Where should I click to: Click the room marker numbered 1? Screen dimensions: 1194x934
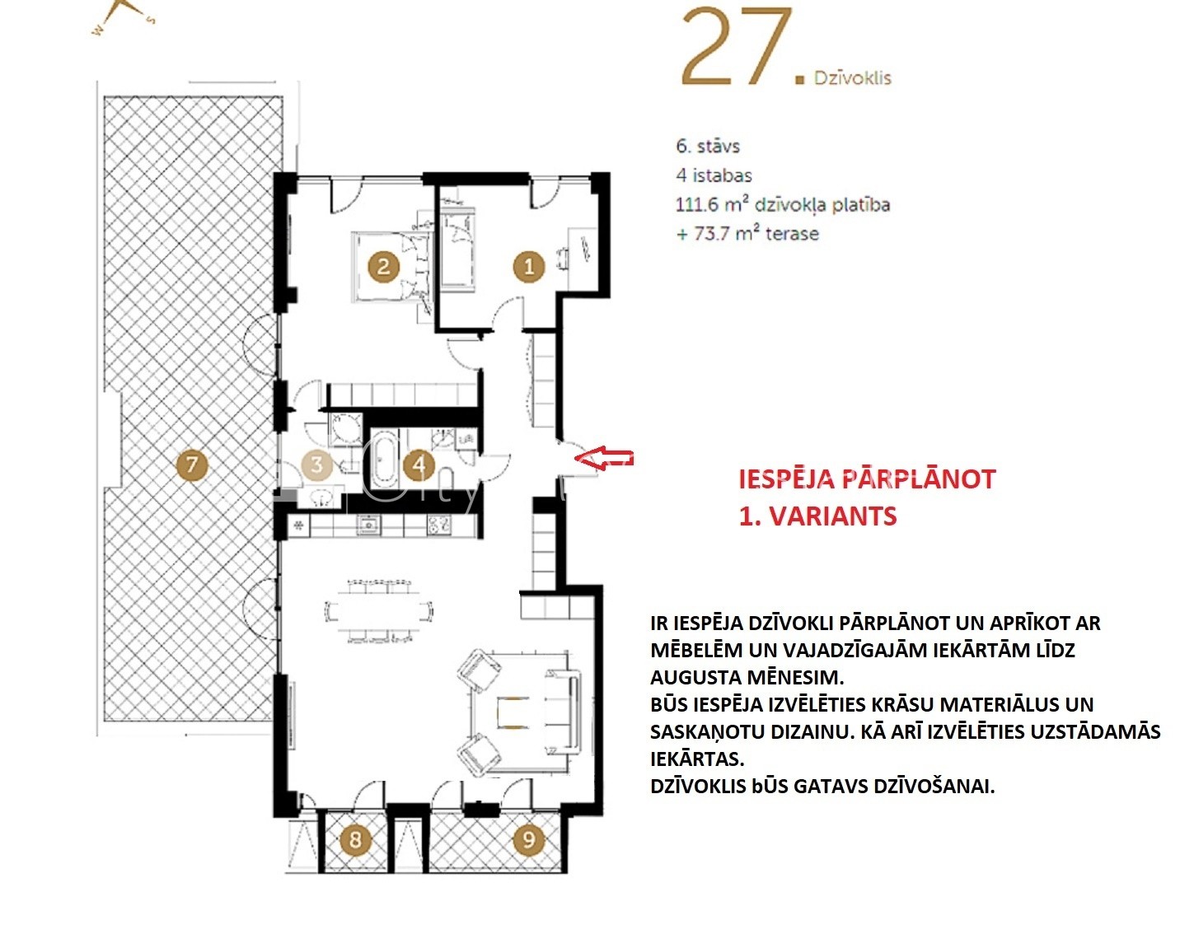point(528,267)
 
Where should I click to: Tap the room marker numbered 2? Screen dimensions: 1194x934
point(383,267)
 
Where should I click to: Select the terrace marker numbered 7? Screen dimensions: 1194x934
point(191,465)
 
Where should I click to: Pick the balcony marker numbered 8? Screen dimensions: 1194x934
point(355,839)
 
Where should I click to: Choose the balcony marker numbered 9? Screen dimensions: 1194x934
point(528,839)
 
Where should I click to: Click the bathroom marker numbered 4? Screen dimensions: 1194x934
point(419,465)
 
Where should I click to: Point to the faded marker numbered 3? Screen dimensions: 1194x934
point(317,465)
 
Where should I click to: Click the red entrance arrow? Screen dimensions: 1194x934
point(604,458)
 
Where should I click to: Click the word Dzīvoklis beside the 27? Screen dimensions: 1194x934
point(852,78)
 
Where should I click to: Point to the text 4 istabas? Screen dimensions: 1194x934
point(714,175)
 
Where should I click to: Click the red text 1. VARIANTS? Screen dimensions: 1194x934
point(817,516)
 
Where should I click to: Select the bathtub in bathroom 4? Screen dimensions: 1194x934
point(384,460)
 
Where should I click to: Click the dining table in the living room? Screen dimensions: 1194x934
point(378,610)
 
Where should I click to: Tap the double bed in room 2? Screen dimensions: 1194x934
point(391,267)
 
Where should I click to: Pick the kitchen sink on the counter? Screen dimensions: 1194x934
point(368,525)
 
